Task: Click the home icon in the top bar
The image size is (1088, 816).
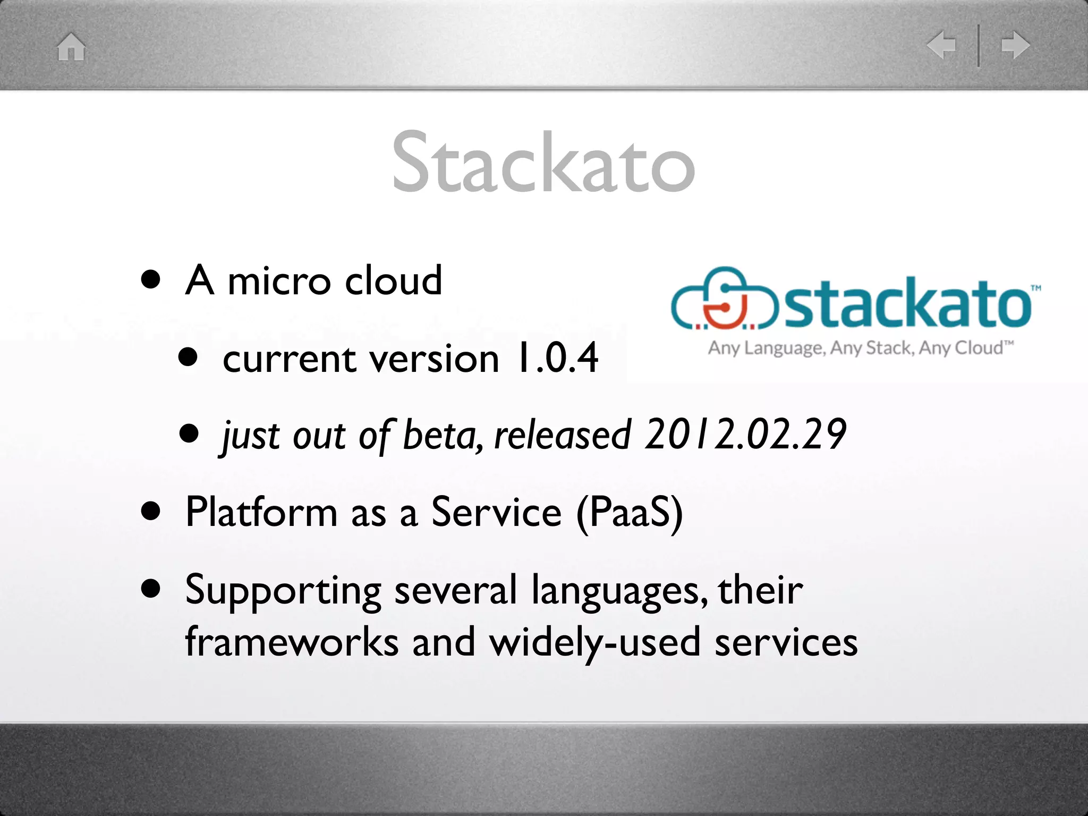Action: pos(71,47)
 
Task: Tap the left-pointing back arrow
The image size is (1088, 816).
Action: pos(941,45)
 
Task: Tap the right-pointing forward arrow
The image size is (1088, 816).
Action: pos(1015,45)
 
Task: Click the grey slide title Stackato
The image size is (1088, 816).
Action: pos(543,161)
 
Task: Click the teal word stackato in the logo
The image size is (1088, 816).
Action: pos(907,303)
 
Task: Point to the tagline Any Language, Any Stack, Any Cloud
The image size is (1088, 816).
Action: pos(861,348)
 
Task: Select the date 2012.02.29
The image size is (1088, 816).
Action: pos(745,435)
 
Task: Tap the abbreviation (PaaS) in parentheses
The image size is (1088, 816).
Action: pos(629,512)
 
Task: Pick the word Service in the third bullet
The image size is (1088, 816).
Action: pos(496,512)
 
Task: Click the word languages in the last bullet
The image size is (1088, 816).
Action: pos(619,591)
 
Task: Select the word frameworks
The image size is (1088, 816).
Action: pos(292,642)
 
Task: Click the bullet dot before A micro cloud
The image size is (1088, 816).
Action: pos(151,280)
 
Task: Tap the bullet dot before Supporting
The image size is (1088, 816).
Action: pos(151,589)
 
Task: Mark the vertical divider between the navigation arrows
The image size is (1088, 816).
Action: pos(979,45)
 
